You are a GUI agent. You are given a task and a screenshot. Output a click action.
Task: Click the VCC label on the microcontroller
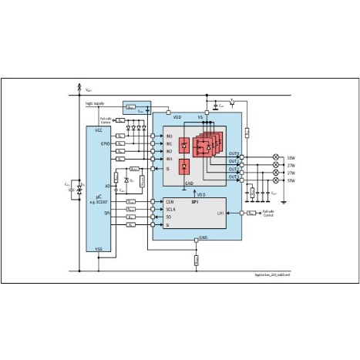[x=98, y=131]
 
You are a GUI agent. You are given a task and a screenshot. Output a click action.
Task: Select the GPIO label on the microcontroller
[x=106, y=143]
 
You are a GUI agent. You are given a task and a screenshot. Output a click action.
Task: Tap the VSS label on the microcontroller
[x=98, y=249]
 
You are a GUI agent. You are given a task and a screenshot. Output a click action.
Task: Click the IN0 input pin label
[x=169, y=135]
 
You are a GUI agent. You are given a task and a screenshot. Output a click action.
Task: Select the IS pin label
[x=168, y=168]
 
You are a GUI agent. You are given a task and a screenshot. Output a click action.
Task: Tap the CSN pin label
[x=170, y=200]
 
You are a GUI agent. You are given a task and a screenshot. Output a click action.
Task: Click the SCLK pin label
[x=170, y=208]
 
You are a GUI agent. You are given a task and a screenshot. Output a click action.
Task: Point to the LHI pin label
[x=220, y=213]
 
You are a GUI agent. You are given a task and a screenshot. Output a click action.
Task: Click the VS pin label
[x=200, y=117]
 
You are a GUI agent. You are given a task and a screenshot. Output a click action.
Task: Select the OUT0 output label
[x=234, y=154]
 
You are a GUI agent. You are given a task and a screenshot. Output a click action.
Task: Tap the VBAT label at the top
[x=89, y=90]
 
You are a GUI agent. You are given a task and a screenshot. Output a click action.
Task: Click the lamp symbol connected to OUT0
[x=276, y=157]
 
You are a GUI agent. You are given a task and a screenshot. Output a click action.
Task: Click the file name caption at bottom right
[x=272, y=274]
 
